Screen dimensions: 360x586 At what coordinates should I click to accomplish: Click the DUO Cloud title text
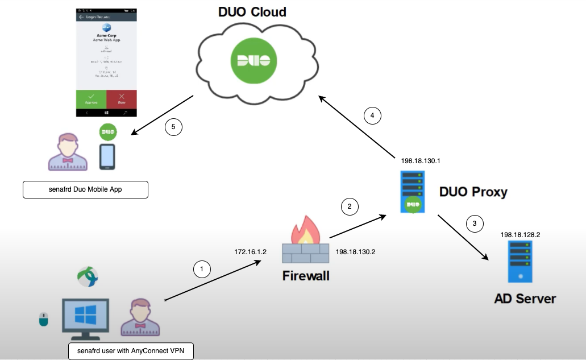pos(252,13)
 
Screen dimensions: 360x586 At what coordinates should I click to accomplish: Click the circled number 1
pos(202,268)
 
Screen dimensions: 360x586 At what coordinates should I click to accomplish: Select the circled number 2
pos(350,206)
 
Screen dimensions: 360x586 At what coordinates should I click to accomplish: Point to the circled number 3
pos(475,224)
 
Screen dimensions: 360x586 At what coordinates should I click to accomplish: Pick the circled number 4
pos(372,115)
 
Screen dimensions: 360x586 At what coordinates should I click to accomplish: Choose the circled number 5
pos(174,127)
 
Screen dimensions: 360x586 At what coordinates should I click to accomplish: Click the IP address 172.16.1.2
pos(251,251)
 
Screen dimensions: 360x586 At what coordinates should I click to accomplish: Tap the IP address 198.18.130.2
pos(355,251)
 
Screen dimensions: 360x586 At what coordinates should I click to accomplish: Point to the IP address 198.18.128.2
pos(520,234)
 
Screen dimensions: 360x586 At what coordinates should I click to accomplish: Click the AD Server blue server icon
pos(520,262)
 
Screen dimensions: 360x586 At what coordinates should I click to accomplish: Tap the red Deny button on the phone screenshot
pos(122,99)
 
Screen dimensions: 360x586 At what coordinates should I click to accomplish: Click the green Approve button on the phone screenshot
pos(91,99)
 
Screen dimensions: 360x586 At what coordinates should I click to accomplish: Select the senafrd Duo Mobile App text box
pos(85,190)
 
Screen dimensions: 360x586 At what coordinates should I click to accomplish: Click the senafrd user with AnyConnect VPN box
pos(131,351)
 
